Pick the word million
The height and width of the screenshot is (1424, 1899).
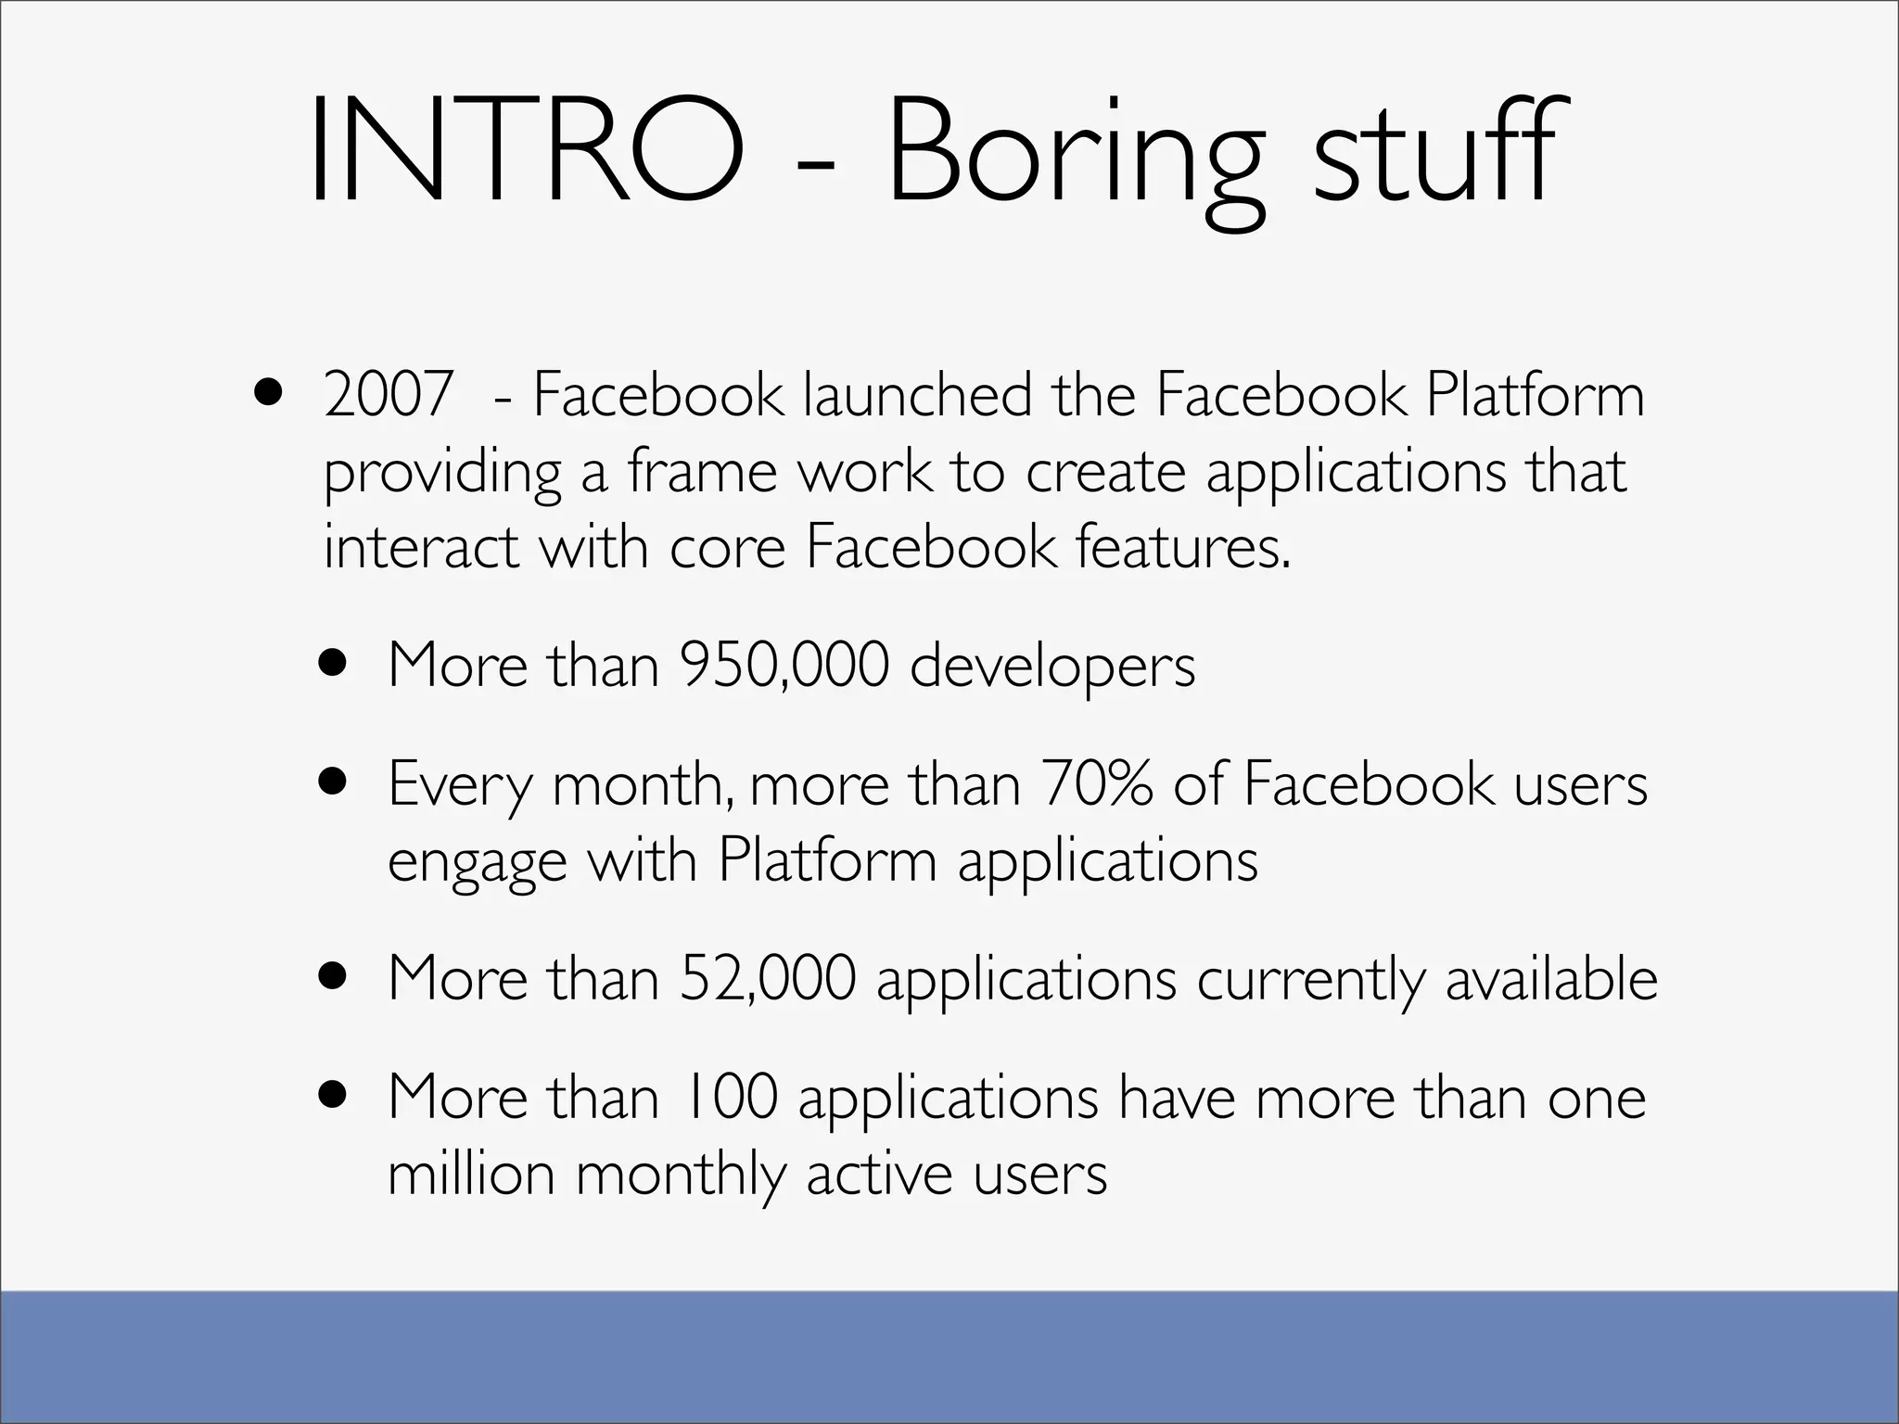tap(471, 1175)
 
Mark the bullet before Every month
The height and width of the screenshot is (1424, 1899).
tap(332, 782)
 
